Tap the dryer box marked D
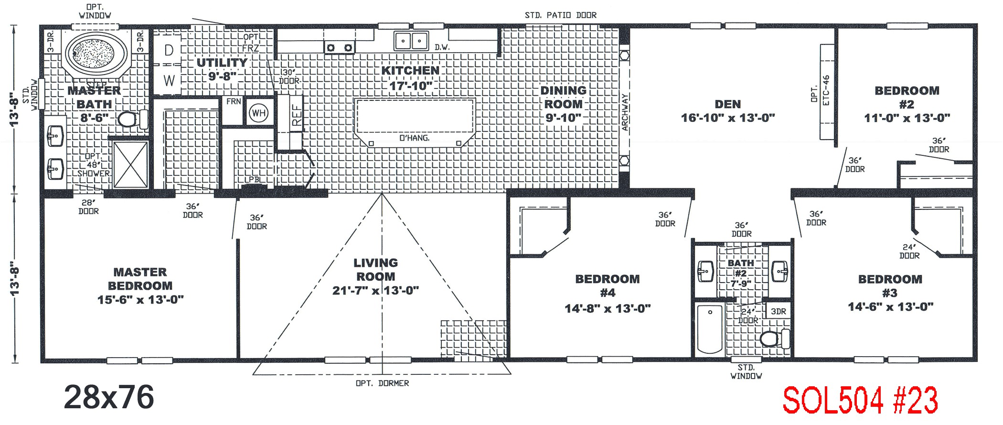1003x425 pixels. point(169,50)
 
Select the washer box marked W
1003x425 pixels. point(169,80)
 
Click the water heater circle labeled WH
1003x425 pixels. point(258,113)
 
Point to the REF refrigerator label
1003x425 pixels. point(297,115)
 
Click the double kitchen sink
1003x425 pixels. point(411,41)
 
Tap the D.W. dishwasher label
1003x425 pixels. point(442,47)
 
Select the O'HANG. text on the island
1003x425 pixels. point(414,138)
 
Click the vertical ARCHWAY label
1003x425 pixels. point(625,112)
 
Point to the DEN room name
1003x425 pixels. point(727,104)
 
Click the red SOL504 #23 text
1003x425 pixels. point(860,400)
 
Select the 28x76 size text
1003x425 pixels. point(109,397)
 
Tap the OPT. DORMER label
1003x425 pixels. point(382,383)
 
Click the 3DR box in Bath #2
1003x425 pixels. point(778,311)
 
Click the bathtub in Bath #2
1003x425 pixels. point(710,329)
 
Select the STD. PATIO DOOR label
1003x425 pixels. point(560,15)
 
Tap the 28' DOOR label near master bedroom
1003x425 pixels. point(88,207)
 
